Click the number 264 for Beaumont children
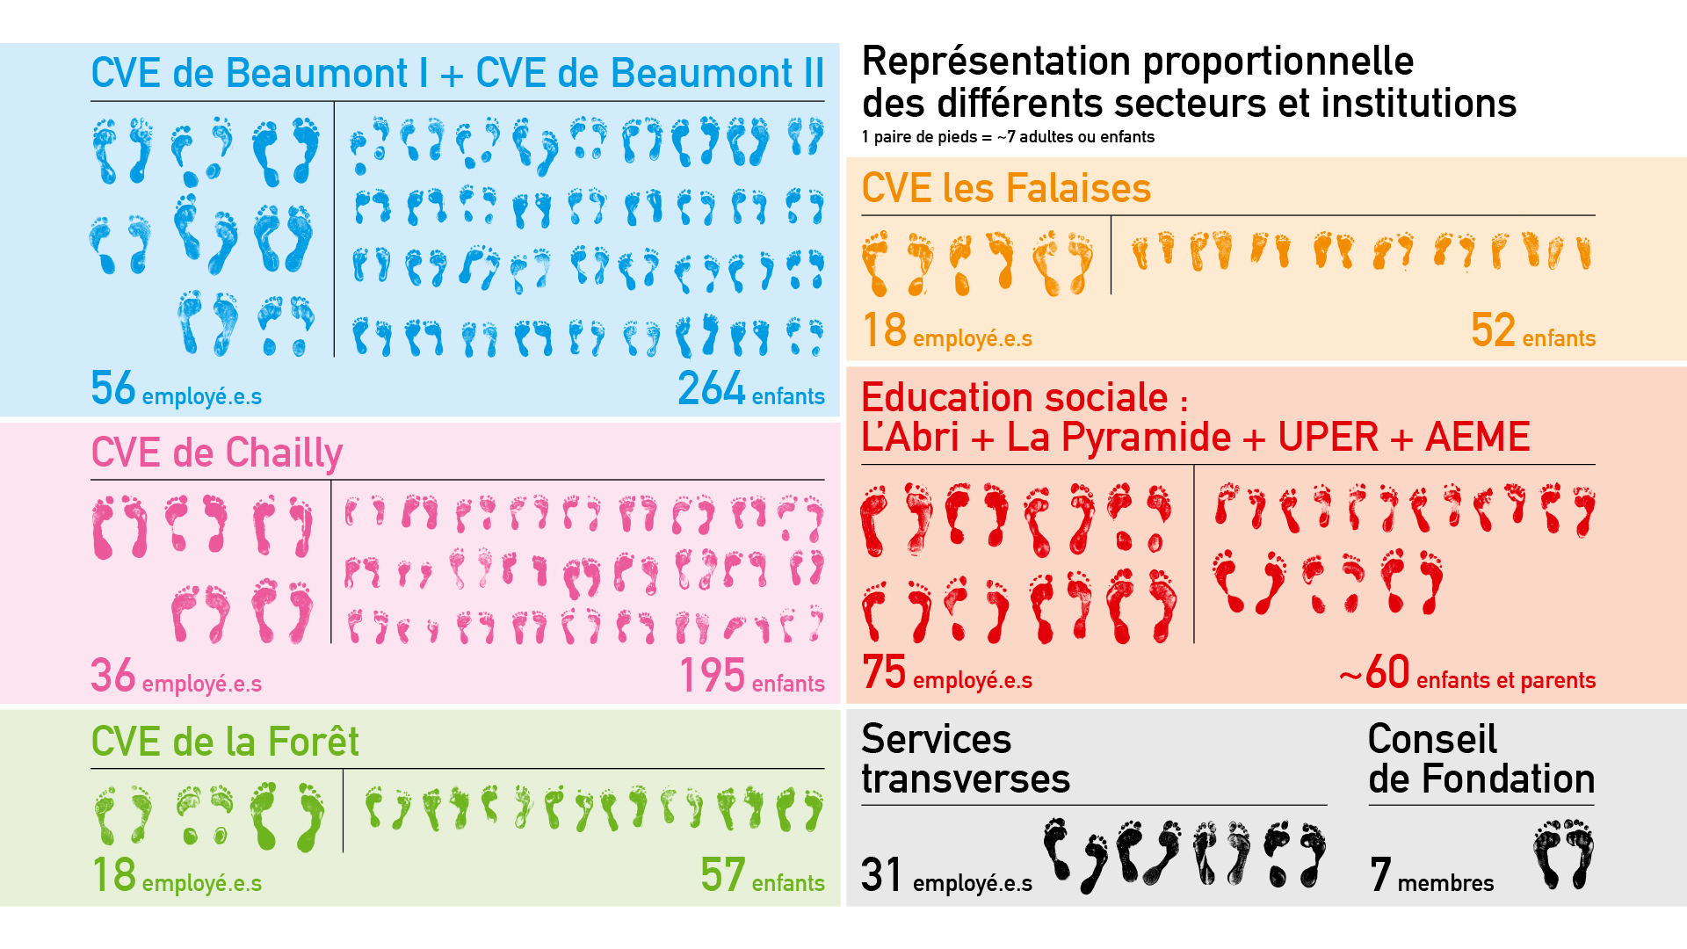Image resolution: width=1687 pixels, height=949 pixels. [711, 388]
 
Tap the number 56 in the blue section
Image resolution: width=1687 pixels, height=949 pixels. [112, 388]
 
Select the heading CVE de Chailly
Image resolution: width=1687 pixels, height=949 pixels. [216, 453]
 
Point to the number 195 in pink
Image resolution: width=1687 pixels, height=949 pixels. [712, 676]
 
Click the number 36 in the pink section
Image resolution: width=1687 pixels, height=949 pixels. [112, 676]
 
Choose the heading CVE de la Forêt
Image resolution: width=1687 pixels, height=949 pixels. [225, 743]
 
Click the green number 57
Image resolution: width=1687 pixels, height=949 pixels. [722, 875]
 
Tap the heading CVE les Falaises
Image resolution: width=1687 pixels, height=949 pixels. [1006, 188]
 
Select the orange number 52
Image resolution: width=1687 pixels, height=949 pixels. [1493, 330]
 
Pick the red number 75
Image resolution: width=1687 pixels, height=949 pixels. [883, 672]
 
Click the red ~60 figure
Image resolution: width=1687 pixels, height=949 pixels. [1375, 672]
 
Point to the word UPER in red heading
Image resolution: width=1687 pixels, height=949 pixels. [1328, 438]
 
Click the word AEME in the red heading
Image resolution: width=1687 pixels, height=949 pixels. [1477, 438]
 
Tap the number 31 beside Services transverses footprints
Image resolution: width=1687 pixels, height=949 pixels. [881, 875]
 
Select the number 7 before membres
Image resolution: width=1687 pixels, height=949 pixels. [1380, 875]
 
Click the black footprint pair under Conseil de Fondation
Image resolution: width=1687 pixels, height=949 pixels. [1563, 854]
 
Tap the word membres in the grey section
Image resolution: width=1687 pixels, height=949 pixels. [1445, 883]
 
